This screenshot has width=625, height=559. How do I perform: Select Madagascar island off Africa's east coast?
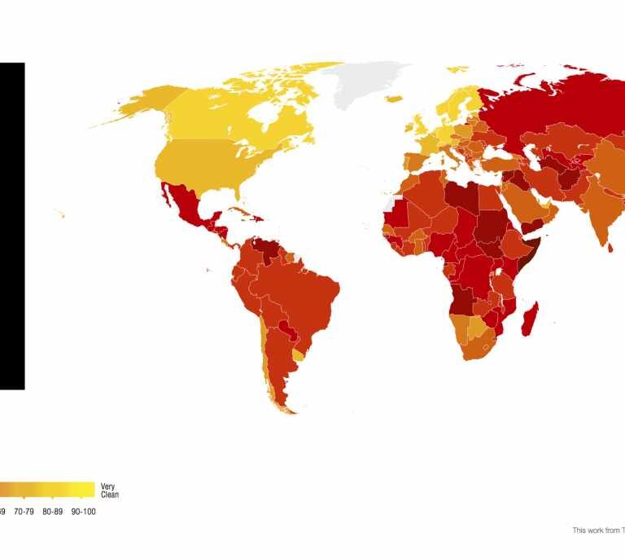tap(533, 318)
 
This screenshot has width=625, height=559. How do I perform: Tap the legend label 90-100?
tap(84, 512)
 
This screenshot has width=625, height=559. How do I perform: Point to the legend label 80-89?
tap(52, 512)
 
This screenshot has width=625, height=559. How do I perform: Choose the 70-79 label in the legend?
tap(24, 512)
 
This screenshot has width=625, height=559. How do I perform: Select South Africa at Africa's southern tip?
tap(475, 346)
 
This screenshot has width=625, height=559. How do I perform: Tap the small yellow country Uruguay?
tap(298, 354)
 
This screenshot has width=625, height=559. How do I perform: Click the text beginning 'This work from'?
tap(598, 530)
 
